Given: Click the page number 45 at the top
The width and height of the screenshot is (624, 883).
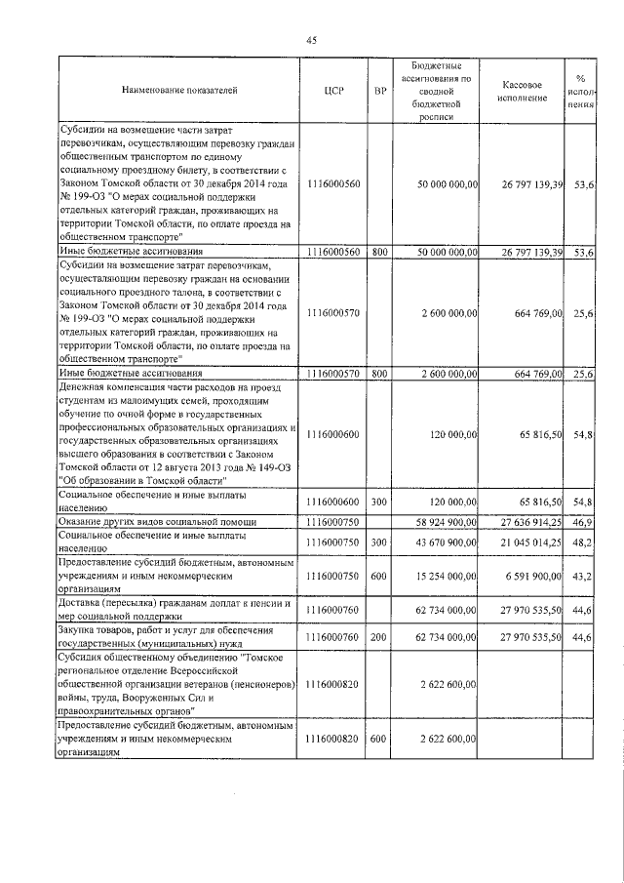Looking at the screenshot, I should point(311,40).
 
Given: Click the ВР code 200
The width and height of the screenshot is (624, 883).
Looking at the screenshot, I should point(380,637).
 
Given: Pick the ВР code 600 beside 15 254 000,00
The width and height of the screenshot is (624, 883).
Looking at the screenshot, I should point(380,577).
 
